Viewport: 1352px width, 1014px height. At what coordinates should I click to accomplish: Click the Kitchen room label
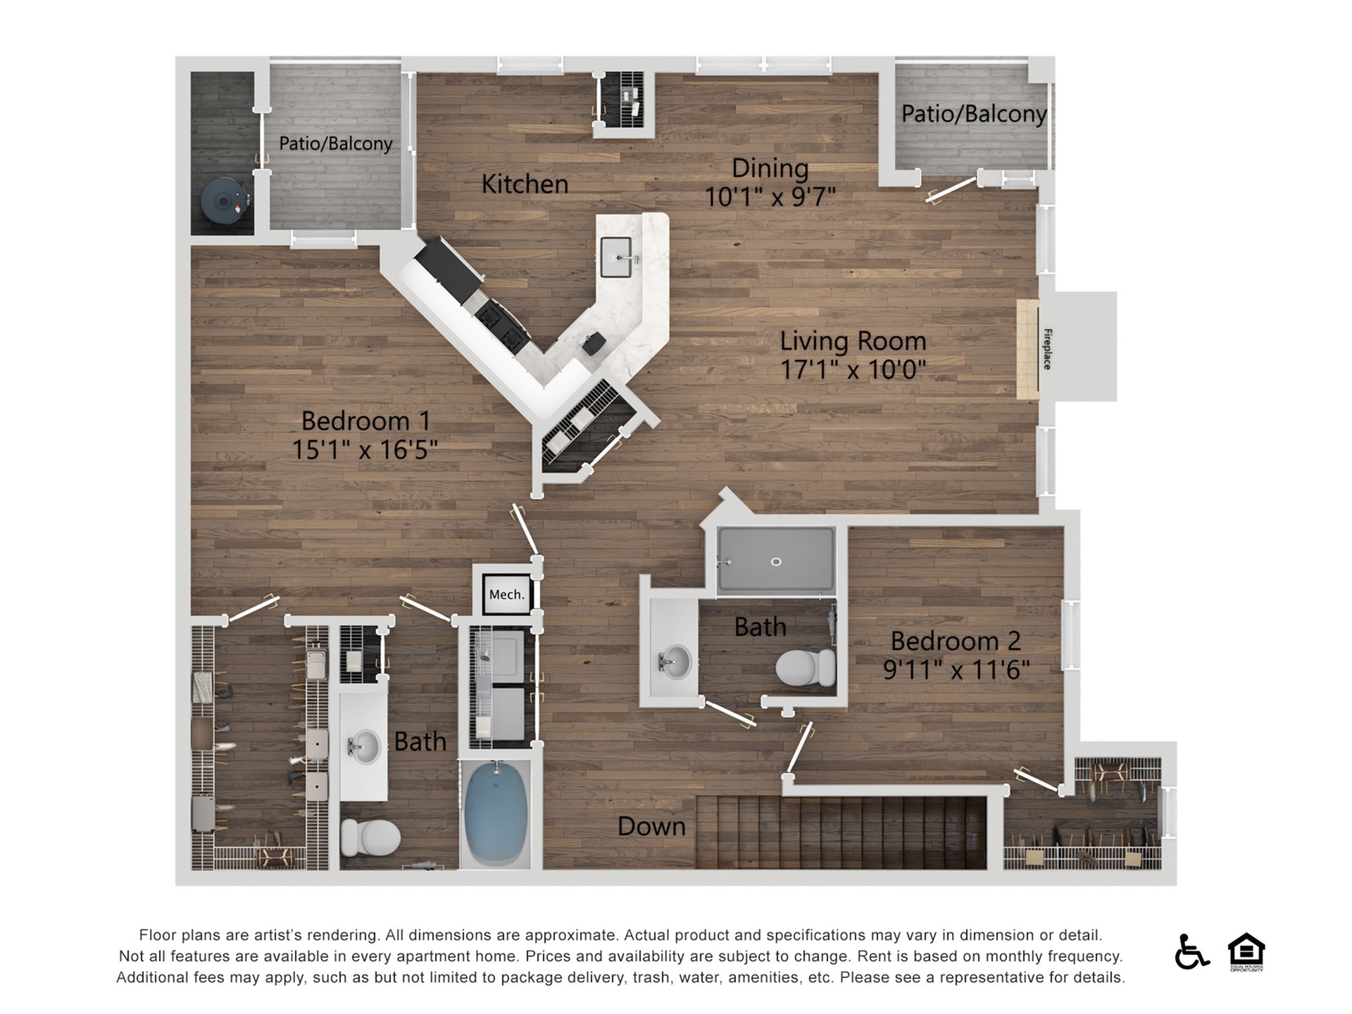pos(525,184)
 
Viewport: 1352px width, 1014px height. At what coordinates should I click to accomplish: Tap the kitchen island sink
pos(616,258)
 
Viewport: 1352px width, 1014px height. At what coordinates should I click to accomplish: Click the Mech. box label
pos(507,594)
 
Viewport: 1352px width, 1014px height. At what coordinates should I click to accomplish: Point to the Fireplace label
pos(1047,349)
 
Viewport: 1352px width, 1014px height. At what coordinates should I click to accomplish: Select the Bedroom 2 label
pos(956,641)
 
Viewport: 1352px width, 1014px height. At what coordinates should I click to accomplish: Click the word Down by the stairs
pos(651,826)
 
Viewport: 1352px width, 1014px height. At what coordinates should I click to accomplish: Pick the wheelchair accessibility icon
pos(1191,951)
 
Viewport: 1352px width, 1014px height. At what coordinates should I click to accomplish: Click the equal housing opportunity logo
pos(1246,951)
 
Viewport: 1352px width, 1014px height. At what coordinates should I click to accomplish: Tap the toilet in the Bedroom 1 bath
pos(370,837)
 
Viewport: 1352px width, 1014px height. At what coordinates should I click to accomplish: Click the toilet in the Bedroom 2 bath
pos(806,668)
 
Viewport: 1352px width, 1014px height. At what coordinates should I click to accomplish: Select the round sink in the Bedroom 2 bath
pos(675,661)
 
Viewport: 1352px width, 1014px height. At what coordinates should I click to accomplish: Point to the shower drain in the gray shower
pos(776,561)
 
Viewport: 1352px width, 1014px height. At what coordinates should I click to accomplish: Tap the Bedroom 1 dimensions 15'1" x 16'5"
pos(365,449)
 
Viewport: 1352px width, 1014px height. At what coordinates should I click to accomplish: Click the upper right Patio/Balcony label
pos(974,113)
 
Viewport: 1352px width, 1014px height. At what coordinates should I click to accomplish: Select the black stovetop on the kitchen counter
pos(502,326)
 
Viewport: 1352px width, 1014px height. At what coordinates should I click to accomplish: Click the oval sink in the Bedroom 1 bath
pos(365,746)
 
